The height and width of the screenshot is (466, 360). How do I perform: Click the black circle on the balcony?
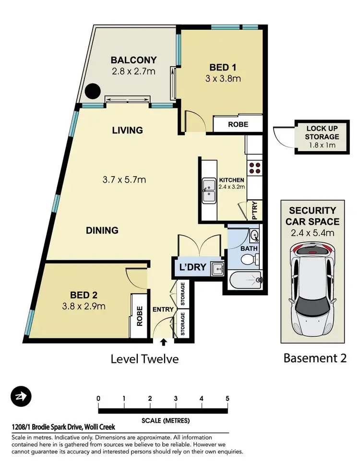click(x=92, y=91)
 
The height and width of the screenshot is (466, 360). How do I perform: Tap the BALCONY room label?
click(x=134, y=60)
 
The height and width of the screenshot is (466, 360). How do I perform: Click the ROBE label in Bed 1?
click(x=238, y=124)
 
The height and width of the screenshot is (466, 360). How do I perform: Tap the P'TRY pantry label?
click(x=255, y=211)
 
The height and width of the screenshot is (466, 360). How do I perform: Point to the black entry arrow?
click(x=163, y=342)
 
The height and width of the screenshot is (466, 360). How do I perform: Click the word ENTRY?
click(x=163, y=310)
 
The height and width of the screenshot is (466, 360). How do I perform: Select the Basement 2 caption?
click(x=315, y=358)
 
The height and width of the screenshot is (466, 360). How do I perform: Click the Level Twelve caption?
click(x=145, y=358)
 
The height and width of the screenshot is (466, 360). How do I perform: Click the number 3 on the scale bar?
click(x=176, y=398)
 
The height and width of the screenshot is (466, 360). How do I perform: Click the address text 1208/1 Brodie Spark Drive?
click(x=63, y=427)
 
